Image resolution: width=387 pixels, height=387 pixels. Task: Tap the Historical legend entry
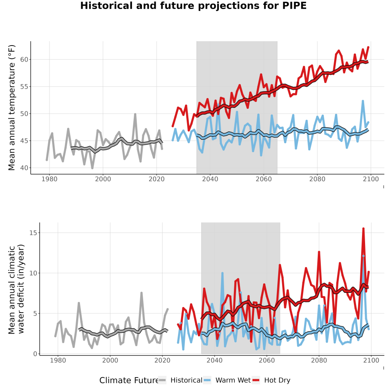(x=180, y=380)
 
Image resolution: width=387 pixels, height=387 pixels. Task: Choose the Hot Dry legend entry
(x=271, y=380)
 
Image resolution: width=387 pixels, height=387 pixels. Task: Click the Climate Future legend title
(x=129, y=380)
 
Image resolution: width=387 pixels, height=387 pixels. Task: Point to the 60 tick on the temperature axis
(x=25, y=59)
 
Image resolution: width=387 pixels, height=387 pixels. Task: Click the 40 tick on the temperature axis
(x=25, y=168)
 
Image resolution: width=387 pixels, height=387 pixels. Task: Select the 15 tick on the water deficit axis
(x=33, y=233)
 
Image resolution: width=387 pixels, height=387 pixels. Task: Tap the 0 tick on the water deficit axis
(x=35, y=354)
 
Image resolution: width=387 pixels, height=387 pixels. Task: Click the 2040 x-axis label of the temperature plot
(x=210, y=179)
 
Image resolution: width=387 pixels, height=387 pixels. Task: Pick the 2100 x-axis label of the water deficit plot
(x=371, y=360)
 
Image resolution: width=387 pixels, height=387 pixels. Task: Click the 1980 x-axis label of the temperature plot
(x=49, y=179)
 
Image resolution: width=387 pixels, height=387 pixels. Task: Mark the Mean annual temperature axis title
(x=12, y=107)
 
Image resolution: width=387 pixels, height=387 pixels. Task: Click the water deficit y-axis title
(x=16, y=289)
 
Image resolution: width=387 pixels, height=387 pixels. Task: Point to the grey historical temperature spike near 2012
(x=135, y=114)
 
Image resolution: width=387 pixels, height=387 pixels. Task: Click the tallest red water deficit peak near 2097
(x=363, y=229)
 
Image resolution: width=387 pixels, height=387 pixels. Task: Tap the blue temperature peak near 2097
(x=363, y=101)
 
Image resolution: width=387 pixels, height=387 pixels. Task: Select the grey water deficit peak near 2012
(x=141, y=293)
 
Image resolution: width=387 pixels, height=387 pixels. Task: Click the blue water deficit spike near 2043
(x=222, y=273)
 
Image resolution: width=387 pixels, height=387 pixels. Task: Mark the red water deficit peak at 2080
(x=319, y=252)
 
